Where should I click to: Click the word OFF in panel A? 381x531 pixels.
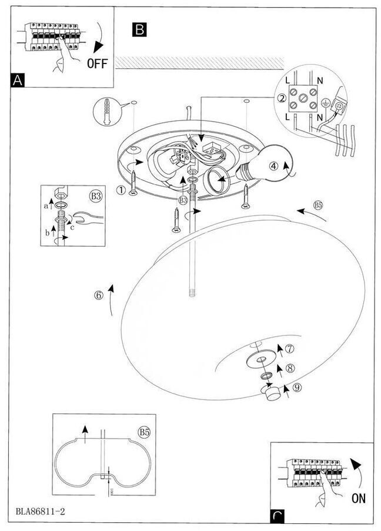98,63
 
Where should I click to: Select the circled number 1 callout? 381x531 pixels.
121,189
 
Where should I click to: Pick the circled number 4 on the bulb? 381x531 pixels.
274,166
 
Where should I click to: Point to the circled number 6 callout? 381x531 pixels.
98,295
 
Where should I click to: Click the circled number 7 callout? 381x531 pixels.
290,349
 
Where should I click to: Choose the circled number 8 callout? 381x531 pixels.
290,368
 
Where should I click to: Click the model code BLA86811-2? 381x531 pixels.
36,512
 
